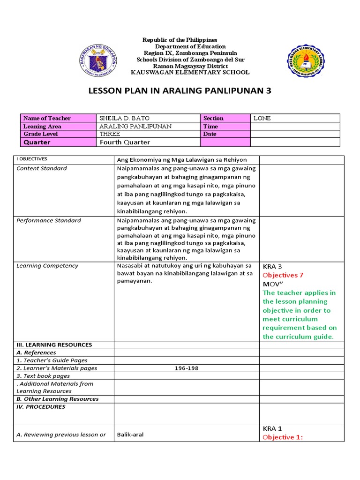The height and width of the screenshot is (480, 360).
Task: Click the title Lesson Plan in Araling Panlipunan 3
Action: point(180,91)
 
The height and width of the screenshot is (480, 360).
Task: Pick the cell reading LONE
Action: point(262,118)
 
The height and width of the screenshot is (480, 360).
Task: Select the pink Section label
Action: point(213,118)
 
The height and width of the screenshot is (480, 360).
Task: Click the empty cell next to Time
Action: point(295,126)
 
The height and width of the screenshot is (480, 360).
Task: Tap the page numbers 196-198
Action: point(186,368)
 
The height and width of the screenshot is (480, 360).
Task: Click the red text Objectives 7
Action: point(283,275)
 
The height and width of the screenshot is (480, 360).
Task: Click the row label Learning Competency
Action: point(47,266)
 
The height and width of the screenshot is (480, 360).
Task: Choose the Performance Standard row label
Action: point(49,220)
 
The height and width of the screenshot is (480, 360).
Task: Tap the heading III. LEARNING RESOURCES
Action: point(54,345)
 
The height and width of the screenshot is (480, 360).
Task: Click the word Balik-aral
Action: point(130,435)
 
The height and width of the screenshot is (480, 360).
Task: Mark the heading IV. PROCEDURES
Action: point(41,407)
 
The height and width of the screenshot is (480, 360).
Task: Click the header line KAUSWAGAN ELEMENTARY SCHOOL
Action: point(190,72)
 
